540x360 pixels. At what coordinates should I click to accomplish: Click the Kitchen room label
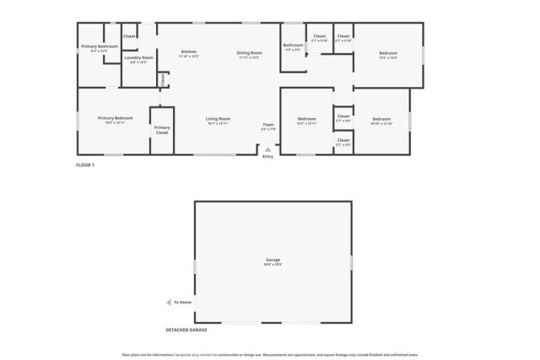[x=189, y=52]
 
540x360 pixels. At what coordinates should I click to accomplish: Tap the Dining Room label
[x=250, y=53]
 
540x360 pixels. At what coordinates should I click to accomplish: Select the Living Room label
[x=218, y=119]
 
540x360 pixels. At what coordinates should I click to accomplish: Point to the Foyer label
[x=268, y=124]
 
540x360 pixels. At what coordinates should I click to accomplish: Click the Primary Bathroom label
[x=99, y=46]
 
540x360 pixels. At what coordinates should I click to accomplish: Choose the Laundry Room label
[x=138, y=57]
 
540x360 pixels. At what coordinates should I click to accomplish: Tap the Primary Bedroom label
[x=115, y=118]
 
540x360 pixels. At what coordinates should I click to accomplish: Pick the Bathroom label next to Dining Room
[x=293, y=46]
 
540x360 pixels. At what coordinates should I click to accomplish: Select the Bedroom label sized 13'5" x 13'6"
[x=387, y=53]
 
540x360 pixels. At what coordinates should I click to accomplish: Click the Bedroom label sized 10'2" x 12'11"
[x=306, y=119]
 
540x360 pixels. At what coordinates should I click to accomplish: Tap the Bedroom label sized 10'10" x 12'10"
[x=381, y=119]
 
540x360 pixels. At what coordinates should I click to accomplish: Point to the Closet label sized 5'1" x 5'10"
[x=319, y=36]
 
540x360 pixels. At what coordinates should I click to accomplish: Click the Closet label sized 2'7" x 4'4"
[x=343, y=116]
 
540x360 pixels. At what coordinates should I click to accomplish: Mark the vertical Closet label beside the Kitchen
[x=163, y=79]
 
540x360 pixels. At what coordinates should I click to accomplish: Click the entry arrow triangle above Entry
[x=268, y=149]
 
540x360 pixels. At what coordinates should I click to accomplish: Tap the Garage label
[x=273, y=260]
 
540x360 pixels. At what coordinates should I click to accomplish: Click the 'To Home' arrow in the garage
[x=168, y=302]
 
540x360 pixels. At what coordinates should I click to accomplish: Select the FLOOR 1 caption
[x=85, y=165]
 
